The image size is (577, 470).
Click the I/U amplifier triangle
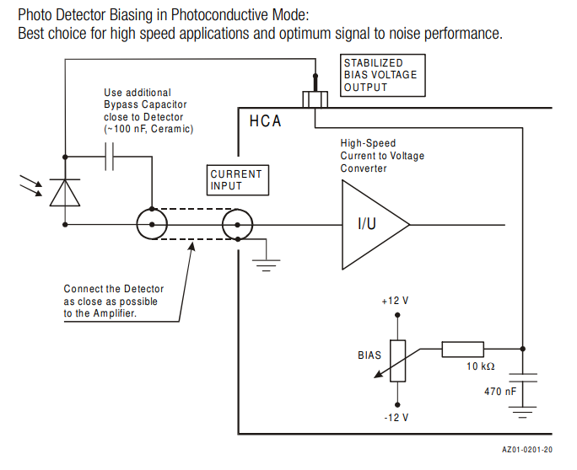tap(371, 224)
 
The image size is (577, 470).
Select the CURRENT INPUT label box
tap(236, 179)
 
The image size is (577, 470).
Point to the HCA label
tap(265, 122)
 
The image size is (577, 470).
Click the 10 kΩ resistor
tap(462, 349)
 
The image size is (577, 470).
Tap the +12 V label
tap(395, 301)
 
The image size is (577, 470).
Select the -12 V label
tap(395, 418)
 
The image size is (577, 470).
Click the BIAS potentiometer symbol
tap(395, 360)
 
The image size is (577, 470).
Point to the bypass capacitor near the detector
tap(109, 157)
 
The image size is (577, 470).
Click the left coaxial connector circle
tap(152, 225)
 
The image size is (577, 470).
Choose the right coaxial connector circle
tap(238, 225)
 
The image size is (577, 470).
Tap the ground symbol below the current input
tap(267, 264)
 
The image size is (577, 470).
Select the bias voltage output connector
tap(315, 99)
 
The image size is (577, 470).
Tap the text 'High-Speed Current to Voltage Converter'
tap(382, 156)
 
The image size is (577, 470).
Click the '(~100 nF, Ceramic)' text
tap(148, 129)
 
